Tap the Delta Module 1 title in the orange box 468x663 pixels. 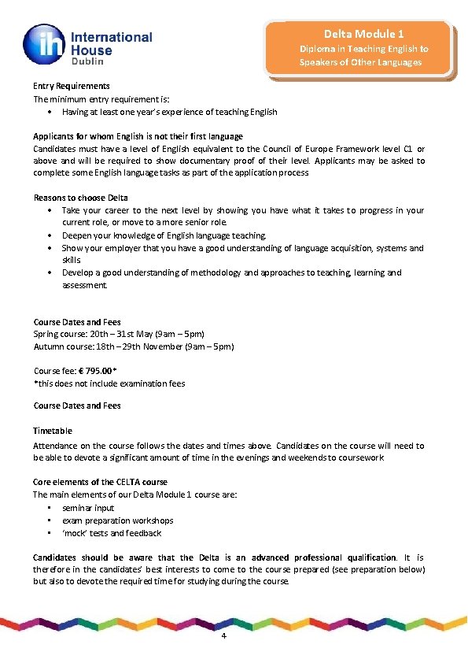(363, 34)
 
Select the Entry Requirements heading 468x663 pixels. (71, 86)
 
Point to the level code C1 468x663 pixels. (409, 149)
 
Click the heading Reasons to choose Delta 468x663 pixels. (80, 198)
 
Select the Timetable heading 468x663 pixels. (53, 431)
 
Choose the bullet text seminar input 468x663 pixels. (88, 508)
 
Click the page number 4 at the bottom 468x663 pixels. (225, 636)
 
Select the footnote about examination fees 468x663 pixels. (109, 383)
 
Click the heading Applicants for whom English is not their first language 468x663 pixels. (138, 136)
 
